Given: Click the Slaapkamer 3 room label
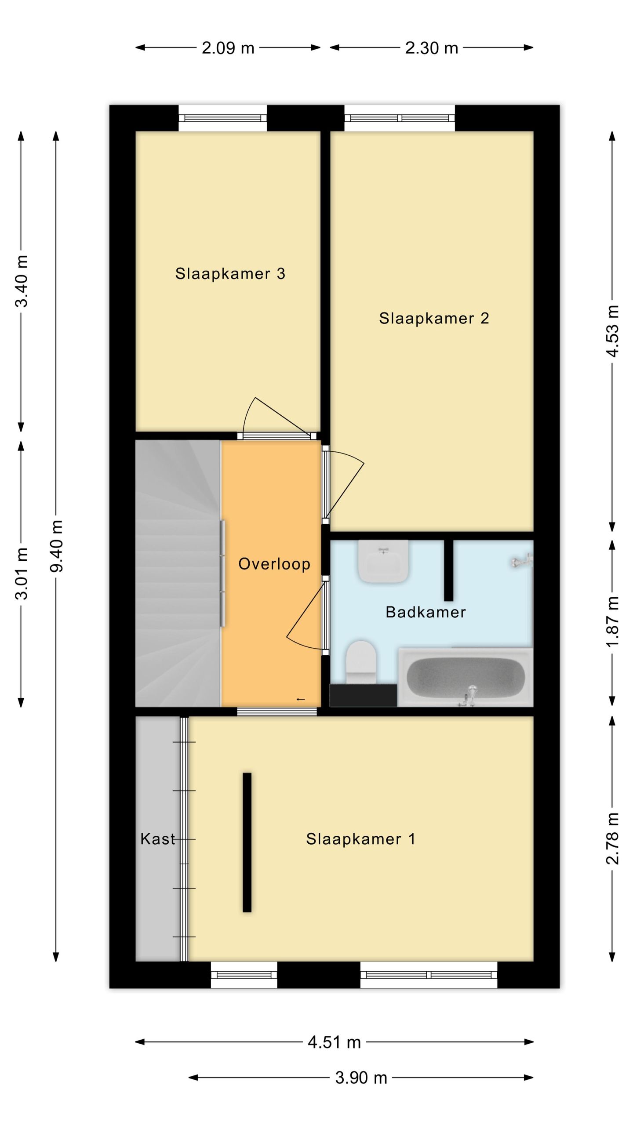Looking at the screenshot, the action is click(x=230, y=273).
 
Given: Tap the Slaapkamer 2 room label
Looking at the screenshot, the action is click(x=434, y=318).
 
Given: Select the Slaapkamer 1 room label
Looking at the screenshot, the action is click(x=360, y=839).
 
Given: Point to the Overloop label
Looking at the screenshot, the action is click(x=274, y=564).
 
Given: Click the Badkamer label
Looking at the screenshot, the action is click(x=426, y=612).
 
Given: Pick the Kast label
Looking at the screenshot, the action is click(x=157, y=839).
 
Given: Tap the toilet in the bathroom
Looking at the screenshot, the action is click(x=361, y=662).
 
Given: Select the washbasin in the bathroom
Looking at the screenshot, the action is click(x=383, y=561).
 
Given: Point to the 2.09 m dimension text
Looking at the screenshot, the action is click(x=228, y=48).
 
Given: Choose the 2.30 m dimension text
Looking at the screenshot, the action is click(x=432, y=48).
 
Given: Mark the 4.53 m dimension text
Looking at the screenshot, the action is click(x=612, y=331).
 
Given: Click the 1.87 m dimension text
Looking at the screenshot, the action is click(x=612, y=621).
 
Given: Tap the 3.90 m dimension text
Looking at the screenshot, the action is click(x=361, y=1078).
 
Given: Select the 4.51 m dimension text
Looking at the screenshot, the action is click(x=334, y=1042).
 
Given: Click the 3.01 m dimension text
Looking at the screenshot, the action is click(x=22, y=573).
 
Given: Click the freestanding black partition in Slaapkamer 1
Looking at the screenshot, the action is click(x=247, y=842).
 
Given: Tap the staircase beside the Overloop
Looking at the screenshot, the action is click(x=178, y=573).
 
